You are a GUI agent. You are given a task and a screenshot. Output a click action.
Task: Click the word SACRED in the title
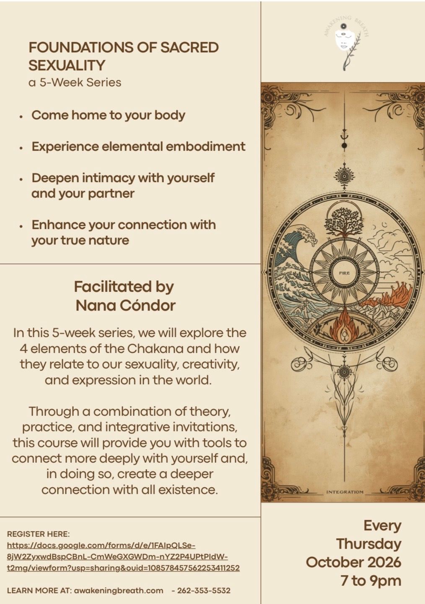(189, 47)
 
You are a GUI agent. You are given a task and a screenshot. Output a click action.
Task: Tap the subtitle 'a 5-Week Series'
(75, 82)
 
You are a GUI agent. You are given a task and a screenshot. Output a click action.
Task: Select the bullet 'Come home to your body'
(108, 116)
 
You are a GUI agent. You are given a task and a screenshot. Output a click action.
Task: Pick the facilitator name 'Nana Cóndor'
(126, 306)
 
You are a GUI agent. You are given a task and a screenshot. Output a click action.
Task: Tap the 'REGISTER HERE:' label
(38, 534)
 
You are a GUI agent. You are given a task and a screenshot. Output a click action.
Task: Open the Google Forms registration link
(123, 557)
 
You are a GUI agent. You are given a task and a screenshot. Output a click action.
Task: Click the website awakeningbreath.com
(119, 591)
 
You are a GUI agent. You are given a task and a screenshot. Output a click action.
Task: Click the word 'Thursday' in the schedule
(369, 544)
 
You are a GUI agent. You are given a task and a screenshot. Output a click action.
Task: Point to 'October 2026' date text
(353, 562)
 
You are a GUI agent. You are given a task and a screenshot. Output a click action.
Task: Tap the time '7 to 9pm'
(371, 581)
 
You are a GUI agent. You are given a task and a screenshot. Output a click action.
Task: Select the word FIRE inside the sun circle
(344, 273)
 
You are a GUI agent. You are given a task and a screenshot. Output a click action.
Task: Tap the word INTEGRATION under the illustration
(345, 492)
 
